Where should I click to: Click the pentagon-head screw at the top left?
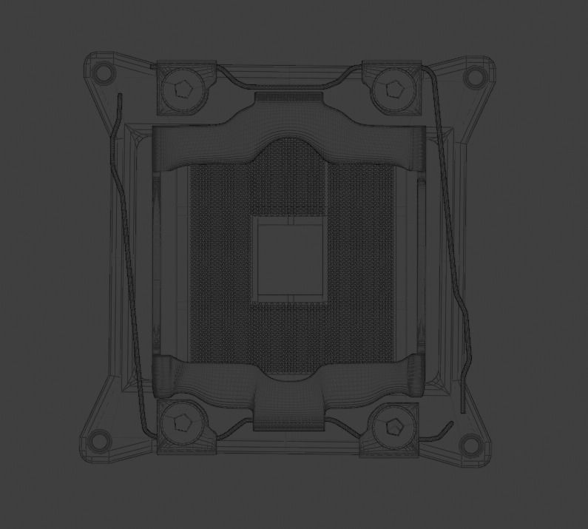(182, 91)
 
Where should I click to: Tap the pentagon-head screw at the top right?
(391, 90)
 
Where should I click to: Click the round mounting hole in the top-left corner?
(104, 73)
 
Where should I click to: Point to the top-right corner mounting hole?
(471, 75)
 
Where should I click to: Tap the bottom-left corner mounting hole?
(98, 442)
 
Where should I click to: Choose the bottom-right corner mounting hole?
(469, 444)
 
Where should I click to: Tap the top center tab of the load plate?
(289, 98)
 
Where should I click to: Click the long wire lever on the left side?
(126, 259)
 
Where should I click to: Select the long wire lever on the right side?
(452, 244)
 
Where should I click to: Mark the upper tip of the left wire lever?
(118, 97)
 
